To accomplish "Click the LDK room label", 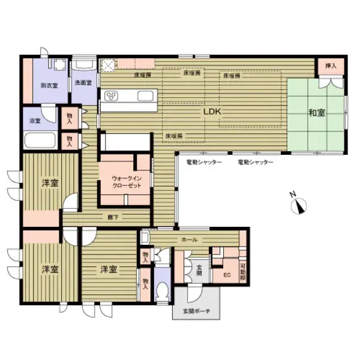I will point(211,111).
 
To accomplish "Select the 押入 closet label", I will point(331,65).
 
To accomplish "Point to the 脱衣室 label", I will point(49,86).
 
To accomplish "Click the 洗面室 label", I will point(83,82).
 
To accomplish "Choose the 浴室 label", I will point(34,121).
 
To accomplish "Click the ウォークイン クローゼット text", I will point(126,182).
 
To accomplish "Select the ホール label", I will point(189,239).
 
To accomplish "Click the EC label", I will point(227,275).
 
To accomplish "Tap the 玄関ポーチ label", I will point(197,311).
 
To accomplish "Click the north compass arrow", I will point(298,206).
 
